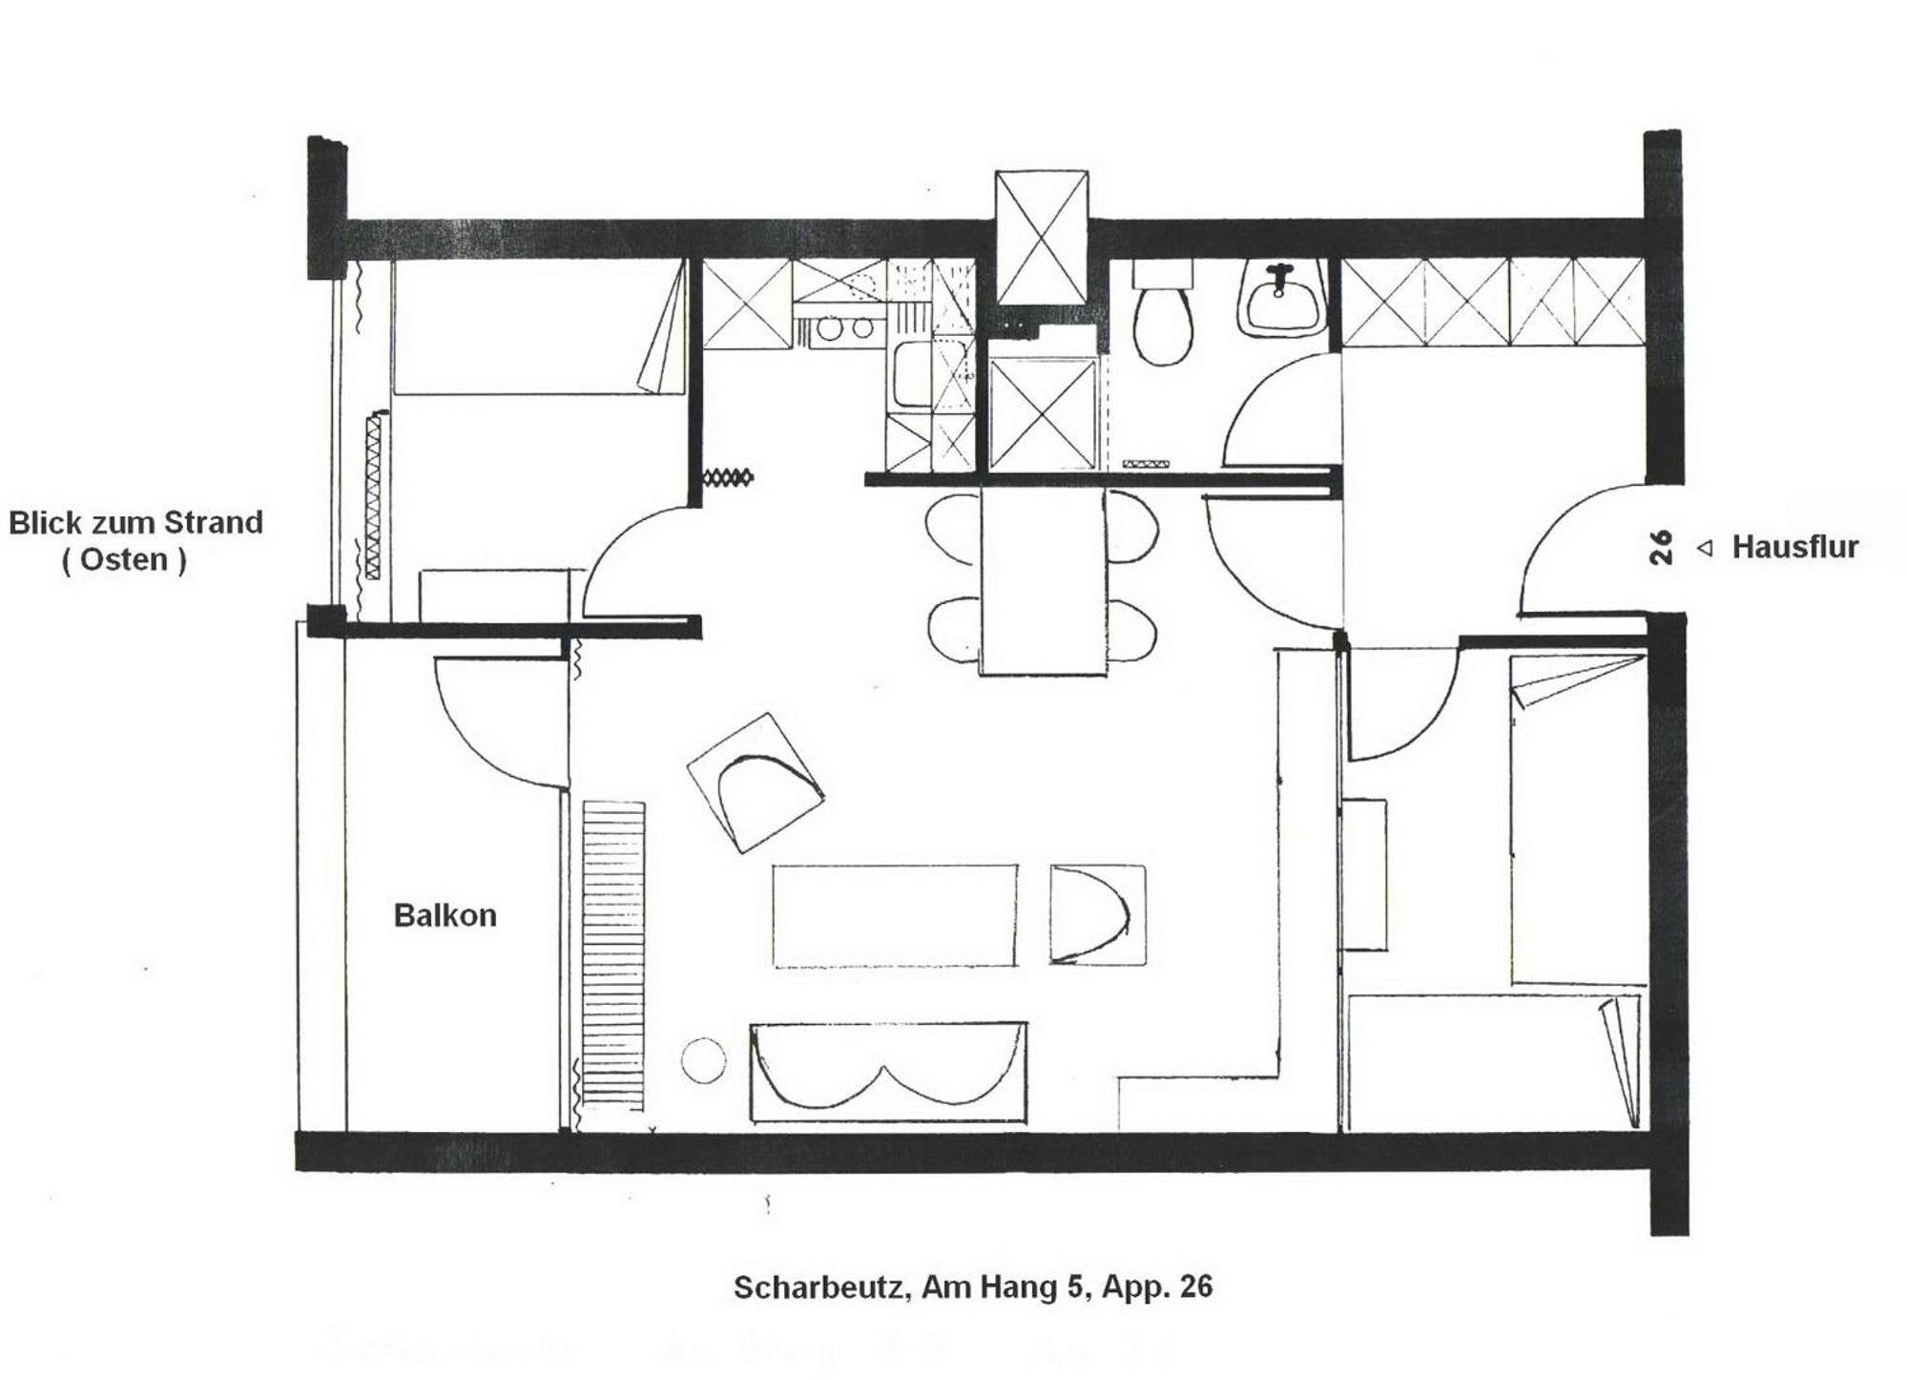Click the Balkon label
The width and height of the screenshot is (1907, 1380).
[x=445, y=915]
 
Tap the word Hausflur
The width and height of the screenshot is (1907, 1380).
[x=1794, y=547]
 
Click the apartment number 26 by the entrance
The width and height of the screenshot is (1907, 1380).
[x=1661, y=548]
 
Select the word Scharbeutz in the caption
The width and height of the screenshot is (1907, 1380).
[x=819, y=1287]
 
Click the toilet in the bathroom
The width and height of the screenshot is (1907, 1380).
[x=1163, y=312]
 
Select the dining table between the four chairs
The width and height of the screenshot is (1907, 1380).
[x=1044, y=581]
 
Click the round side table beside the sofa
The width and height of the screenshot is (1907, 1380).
[x=703, y=1060]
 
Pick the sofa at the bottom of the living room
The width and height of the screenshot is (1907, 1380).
[x=888, y=1072]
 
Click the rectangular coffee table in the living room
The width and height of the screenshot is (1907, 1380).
[x=894, y=915]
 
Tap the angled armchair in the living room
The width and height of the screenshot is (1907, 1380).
[x=756, y=782]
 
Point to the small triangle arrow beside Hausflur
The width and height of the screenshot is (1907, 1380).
[x=1705, y=549]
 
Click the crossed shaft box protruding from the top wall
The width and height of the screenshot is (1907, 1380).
[x=1041, y=238]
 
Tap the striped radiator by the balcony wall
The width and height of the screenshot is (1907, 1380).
[x=613, y=955]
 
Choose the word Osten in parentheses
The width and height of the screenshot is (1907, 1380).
[x=124, y=559]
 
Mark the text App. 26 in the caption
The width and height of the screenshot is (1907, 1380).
[x=1157, y=1287]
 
